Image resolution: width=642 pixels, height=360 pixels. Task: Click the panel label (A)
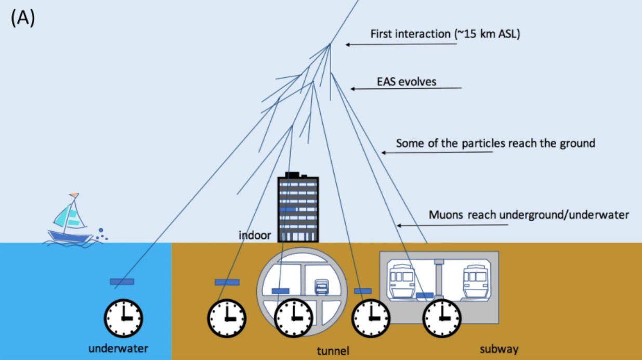[x=22, y=18]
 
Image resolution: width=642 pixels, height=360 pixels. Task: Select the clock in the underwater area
[x=124, y=318]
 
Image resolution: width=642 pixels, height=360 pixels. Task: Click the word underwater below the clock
[x=119, y=348]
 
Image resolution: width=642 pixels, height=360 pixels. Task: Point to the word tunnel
[x=333, y=351]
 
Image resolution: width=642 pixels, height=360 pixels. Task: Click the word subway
[x=499, y=349]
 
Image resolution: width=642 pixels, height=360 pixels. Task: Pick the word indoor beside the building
[x=255, y=235]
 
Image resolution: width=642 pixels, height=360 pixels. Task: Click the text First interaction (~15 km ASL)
[x=444, y=34]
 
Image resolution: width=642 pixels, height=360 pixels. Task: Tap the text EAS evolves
[x=407, y=82]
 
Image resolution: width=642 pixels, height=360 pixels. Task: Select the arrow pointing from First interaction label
[x=401, y=45]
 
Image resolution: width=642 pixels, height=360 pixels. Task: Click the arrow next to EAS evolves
[x=405, y=89]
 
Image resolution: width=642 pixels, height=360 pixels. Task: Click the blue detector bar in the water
[x=122, y=282]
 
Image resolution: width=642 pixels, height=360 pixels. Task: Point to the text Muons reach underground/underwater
[x=529, y=215]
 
